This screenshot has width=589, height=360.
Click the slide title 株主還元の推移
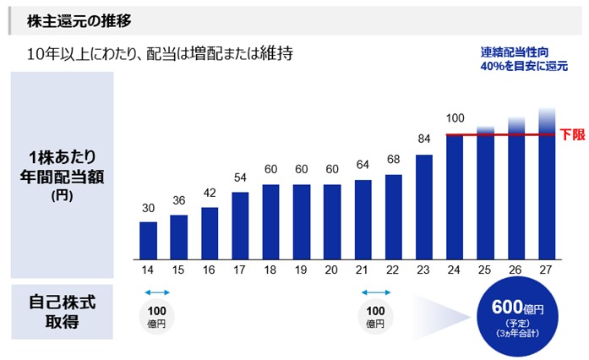[x=79, y=19]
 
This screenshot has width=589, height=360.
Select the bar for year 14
[x=148, y=240]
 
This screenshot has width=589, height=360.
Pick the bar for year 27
[x=547, y=190]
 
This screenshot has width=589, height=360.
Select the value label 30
[x=148, y=208]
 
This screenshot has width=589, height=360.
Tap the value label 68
[x=394, y=160]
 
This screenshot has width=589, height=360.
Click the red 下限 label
[x=572, y=134]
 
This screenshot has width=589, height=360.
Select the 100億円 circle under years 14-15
[x=156, y=315]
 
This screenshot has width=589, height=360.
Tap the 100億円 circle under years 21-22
[x=375, y=315]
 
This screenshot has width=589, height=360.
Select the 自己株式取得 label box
[x=62, y=311]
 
